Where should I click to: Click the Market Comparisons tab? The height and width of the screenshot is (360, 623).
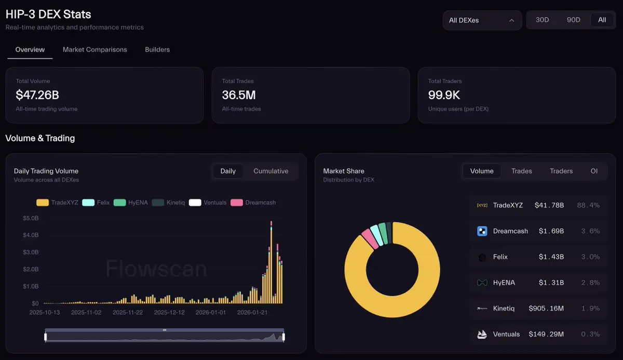94,50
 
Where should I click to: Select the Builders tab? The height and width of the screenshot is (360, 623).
157,50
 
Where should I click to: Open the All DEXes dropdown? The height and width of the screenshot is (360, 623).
482,20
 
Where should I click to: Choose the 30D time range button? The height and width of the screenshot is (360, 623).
542,20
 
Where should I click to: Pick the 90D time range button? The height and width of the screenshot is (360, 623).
573,20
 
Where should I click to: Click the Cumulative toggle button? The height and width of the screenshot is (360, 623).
270,171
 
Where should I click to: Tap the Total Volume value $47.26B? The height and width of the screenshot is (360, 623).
37,95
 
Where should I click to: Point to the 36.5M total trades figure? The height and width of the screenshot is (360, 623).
239,95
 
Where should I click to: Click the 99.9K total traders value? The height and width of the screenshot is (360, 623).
444,95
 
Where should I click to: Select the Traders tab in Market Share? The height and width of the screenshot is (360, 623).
561,171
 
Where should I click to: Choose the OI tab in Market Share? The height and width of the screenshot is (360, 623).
594,171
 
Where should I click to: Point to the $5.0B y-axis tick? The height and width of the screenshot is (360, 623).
31,218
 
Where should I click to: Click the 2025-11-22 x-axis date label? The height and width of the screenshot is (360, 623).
128,313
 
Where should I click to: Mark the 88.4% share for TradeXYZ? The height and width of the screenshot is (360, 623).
588,205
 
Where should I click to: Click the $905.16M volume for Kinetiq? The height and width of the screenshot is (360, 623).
546,309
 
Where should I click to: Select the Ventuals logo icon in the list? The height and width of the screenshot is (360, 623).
482,335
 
